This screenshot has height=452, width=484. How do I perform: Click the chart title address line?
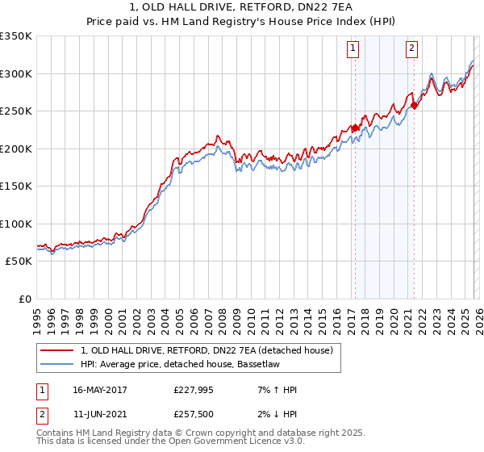(x=242, y=7)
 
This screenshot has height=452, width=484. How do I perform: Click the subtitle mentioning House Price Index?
(x=242, y=22)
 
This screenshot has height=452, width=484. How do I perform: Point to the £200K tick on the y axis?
(x=16, y=149)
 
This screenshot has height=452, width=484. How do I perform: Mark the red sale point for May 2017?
(x=355, y=128)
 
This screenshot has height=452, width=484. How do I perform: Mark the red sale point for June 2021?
(x=414, y=105)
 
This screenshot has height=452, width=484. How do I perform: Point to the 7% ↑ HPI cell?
(x=274, y=390)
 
